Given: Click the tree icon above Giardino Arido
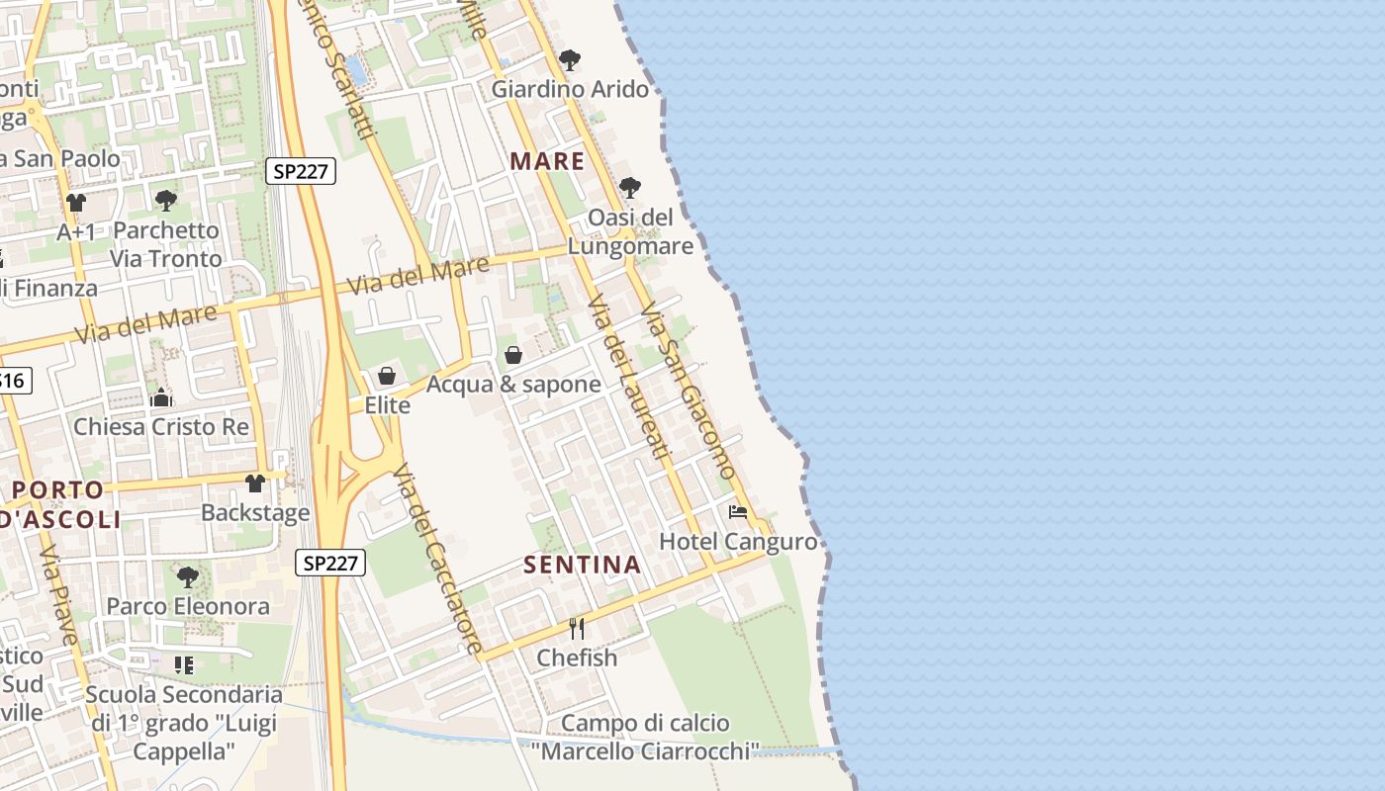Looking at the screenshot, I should point(569,60).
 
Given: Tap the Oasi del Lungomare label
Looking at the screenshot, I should point(630,231).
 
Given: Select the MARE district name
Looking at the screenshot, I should point(547,161).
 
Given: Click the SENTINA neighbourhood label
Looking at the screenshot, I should point(582,566).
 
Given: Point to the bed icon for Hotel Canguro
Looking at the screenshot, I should point(738,512).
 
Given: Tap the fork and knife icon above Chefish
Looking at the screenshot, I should point(577,628).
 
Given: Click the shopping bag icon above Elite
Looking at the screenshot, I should point(387,376).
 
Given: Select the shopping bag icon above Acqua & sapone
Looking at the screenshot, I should point(513,354).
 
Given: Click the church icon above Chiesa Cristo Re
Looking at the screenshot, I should point(161,398).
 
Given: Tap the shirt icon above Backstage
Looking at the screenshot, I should point(255,483).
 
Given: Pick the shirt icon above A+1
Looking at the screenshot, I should point(76,203).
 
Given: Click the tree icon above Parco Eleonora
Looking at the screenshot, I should point(187,576).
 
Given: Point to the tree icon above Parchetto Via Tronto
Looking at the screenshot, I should point(166,201).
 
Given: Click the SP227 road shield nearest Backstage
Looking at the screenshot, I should point(330,564).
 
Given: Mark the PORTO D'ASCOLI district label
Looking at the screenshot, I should point(61,504).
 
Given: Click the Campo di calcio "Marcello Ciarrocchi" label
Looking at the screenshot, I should point(645,738).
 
